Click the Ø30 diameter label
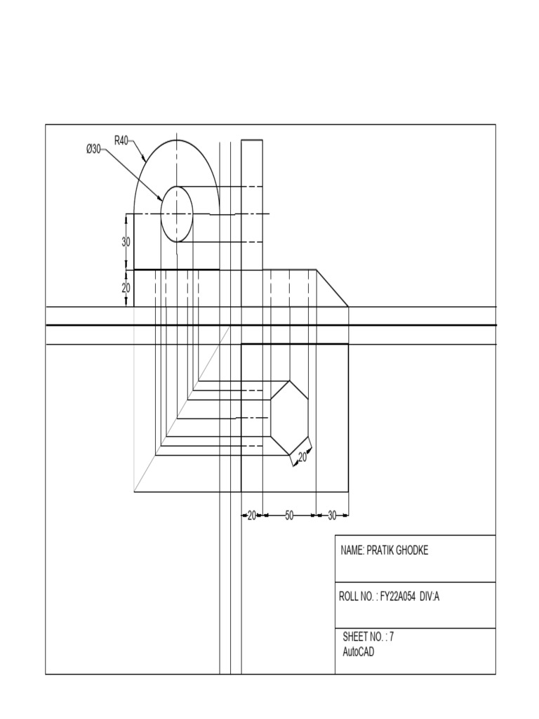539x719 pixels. pyautogui.click(x=93, y=149)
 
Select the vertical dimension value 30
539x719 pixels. pyautogui.click(x=126, y=242)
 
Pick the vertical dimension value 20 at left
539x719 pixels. pyautogui.click(x=126, y=288)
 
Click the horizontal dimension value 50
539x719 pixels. pyautogui.click(x=289, y=515)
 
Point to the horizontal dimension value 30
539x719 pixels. pyautogui.click(x=333, y=515)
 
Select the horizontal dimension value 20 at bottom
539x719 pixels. pyautogui.click(x=252, y=515)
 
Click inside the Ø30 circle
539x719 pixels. pyautogui.click(x=177, y=213)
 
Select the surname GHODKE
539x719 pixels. pyautogui.click(x=413, y=550)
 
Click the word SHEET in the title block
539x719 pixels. pyautogui.click(x=356, y=638)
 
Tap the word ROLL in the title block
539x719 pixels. pyautogui.click(x=350, y=597)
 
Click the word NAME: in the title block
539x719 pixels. pyautogui.click(x=352, y=550)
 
